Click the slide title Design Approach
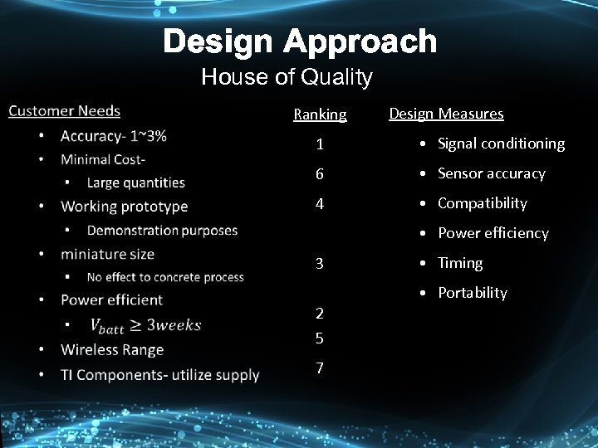pyautogui.click(x=299, y=41)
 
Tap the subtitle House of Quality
pyautogui.click(x=287, y=78)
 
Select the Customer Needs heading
pyautogui.click(x=64, y=111)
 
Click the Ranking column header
pyautogui.click(x=320, y=114)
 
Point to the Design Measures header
pyautogui.click(x=446, y=114)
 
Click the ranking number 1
pyautogui.click(x=320, y=144)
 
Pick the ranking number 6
pyautogui.click(x=320, y=174)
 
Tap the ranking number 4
pyautogui.click(x=320, y=204)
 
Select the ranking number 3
pyautogui.click(x=320, y=264)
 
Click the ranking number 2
pyautogui.click(x=320, y=314)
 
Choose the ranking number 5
pyautogui.click(x=320, y=338)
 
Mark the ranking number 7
pyautogui.click(x=320, y=368)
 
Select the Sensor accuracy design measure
pyautogui.click(x=491, y=173)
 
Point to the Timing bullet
pyautogui.click(x=459, y=263)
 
